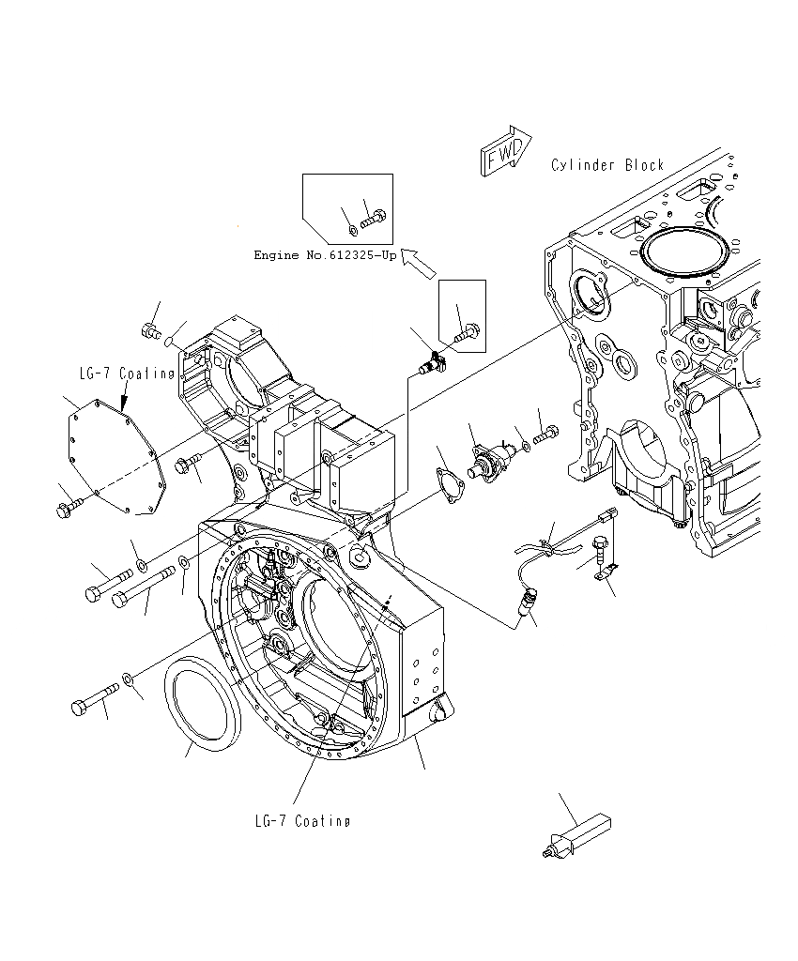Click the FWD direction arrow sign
coord(504,150)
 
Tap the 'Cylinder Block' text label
coord(607,165)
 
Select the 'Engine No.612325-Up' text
coord(325,255)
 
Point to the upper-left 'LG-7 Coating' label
coord(127,374)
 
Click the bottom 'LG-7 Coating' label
coord(302,821)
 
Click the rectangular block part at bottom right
coord(577,834)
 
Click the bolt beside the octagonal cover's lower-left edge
coord(68,510)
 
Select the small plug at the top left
coord(148,329)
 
